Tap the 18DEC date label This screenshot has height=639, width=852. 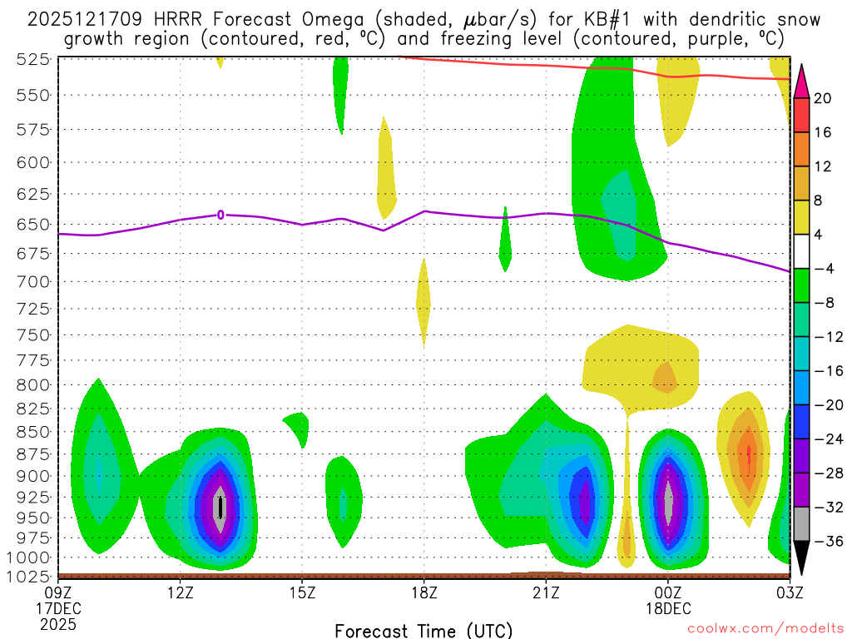point(668,607)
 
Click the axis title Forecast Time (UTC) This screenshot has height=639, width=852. point(424,630)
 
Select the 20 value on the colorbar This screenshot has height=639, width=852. point(824,98)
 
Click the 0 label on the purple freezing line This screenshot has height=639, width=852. point(220,215)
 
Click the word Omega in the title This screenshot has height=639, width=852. point(298,19)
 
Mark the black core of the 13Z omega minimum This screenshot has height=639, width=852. point(220,507)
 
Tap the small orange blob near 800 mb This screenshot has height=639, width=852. point(666,379)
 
